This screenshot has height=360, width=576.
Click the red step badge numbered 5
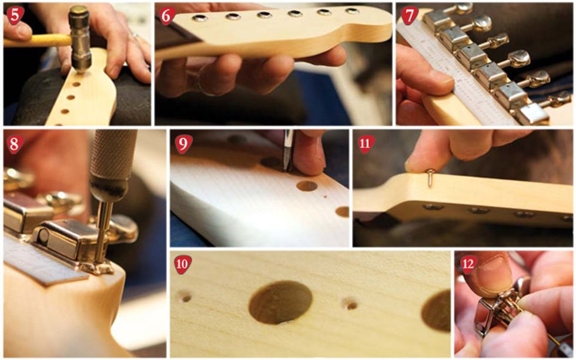pyautogui.click(x=15, y=16)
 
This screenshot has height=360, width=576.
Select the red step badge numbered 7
pyautogui.click(x=409, y=16)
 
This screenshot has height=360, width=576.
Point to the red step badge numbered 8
pyautogui.click(x=15, y=144)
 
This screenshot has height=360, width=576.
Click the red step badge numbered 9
pyautogui.click(x=183, y=144)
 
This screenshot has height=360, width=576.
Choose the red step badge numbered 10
pyautogui.click(x=183, y=264)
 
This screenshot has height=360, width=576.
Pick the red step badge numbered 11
pyautogui.click(x=366, y=144)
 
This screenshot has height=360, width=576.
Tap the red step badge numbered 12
pyautogui.click(x=468, y=264)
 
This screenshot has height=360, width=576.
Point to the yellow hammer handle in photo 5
pyautogui.click(x=36, y=41)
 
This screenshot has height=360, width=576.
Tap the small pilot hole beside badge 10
pyautogui.click(x=185, y=297)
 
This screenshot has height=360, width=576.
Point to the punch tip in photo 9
pyautogui.click(x=286, y=170)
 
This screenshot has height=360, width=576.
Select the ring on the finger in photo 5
pyautogui.click(x=135, y=36)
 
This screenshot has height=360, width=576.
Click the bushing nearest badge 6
pyautogui.click(x=199, y=18)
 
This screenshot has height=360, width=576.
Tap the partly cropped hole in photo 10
pyautogui.click(x=436, y=310)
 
